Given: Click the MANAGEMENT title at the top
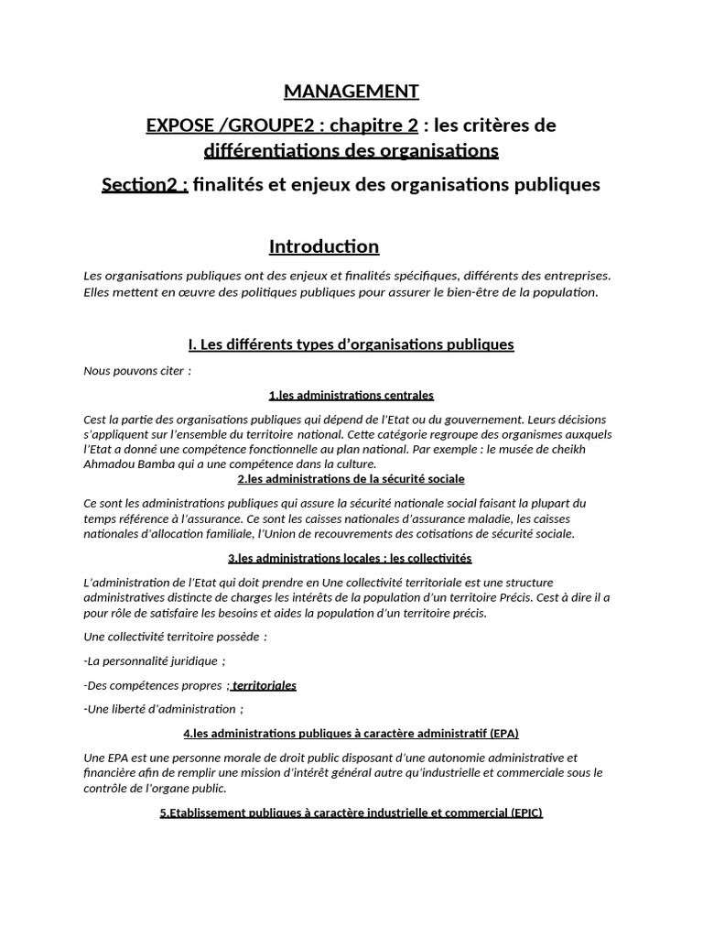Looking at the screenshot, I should (351, 92).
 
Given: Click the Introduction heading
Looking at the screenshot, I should (323, 246).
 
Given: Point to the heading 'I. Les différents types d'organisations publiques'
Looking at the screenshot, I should (351, 344).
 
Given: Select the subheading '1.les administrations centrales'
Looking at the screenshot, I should (351, 395).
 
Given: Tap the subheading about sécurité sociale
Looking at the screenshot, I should (351, 478).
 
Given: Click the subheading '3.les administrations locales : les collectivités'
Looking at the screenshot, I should (351, 558).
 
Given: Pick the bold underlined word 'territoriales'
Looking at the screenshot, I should (265, 685).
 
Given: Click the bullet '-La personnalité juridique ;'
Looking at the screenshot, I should (154, 660).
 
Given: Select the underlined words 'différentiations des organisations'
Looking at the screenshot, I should (351, 148).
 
